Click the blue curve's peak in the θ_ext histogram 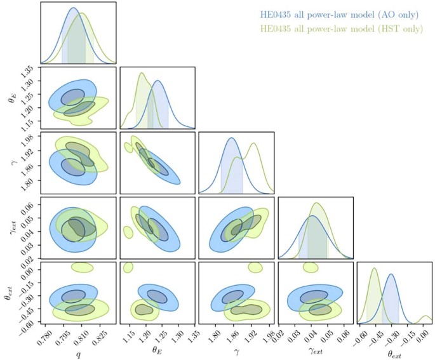click(x=392, y=275)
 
